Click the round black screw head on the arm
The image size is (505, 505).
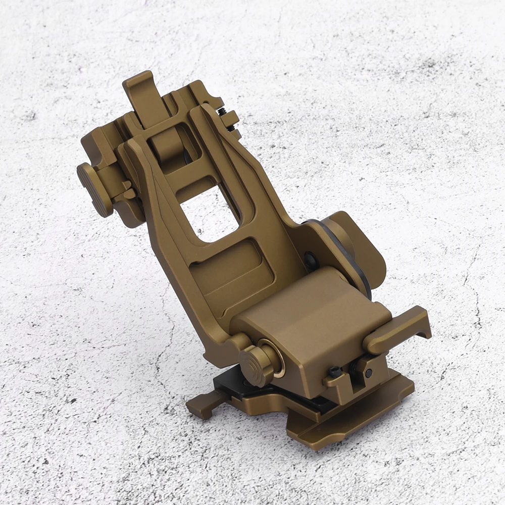(x=310, y=260)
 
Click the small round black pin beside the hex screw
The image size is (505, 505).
(x=369, y=373)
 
